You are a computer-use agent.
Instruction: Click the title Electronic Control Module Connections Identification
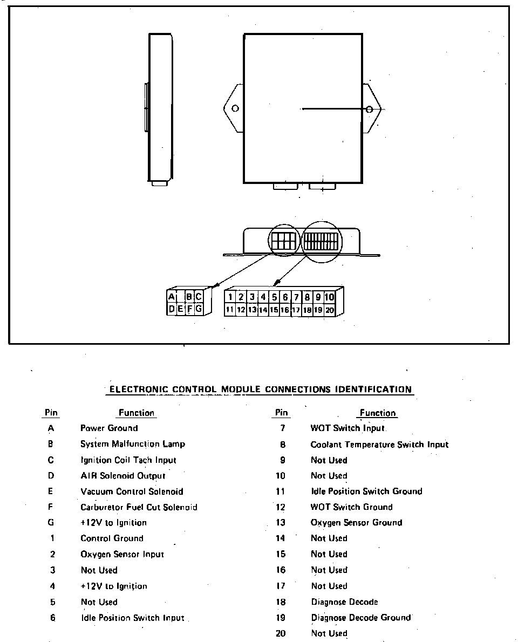click(261, 389)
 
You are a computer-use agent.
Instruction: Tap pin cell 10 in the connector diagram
click(329, 297)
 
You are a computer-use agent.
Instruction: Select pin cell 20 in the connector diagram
click(329, 310)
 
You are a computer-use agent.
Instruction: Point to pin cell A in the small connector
click(172, 297)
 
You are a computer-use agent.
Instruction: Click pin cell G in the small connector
click(199, 309)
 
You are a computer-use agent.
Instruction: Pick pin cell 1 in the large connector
click(230, 297)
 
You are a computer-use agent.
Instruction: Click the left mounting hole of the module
click(235, 108)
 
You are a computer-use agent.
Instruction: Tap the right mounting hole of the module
click(370, 110)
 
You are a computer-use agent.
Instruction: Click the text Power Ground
click(109, 428)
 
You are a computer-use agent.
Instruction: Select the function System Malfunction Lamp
click(133, 444)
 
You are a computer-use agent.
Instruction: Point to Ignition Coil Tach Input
click(128, 460)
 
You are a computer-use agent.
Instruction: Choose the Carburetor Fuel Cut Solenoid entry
click(139, 507)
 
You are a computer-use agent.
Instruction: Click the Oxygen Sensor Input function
click(122, 554)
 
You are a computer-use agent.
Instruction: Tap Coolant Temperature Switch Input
click(379, 445)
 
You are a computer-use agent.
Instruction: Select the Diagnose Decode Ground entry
click(361, 618)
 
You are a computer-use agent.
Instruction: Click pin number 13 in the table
click(281, 523)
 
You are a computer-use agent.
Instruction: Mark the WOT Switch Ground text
click(351, 507)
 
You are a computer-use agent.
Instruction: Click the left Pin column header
click(51, 413)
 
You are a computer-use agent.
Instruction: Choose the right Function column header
click(378, 413)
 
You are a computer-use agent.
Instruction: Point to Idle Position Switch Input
click(133, 618)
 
